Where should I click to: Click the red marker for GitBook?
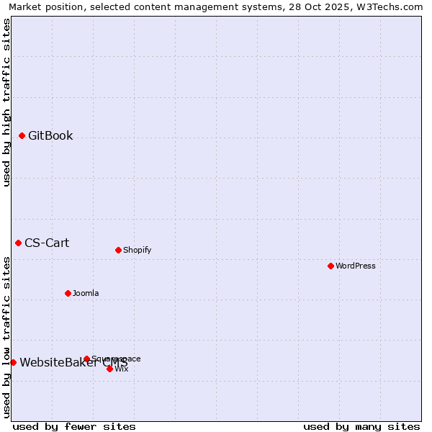click(22, 135)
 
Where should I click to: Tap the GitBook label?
click(50, 136)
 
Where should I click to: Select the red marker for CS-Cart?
click(18, 243)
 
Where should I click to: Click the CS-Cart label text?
click(47, 243)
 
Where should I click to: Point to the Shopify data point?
click(118, 250)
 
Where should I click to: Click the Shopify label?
click(137, 251)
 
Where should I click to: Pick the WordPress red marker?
click(330, 266)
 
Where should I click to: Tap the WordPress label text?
click(356, 266)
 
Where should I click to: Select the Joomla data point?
click(68, 293)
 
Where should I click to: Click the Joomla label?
click(86, 294)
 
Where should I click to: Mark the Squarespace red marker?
click(86, 359)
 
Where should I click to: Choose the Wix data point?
click(109, 369)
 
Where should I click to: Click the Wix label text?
click(122, 369)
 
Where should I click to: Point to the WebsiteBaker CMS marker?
click(13, 362)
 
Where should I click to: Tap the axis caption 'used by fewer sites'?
click(74, 426)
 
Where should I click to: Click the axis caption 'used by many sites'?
click(361, 426)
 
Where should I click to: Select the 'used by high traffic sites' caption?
click(6, 102)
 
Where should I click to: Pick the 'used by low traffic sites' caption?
click(6, 337)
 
